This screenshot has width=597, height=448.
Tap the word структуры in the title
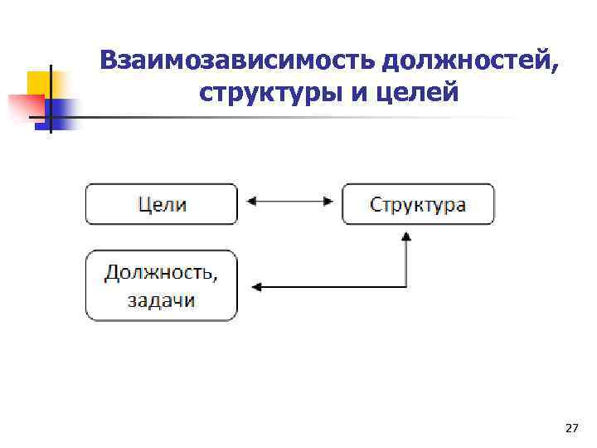point(265,92)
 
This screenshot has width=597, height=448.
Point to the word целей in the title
point(418,92)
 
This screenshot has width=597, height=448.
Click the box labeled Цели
point(162,204)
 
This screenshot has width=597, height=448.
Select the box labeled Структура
point(418,204)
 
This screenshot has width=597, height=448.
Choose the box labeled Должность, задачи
point(162,286)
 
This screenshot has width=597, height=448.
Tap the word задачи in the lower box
point(162,299)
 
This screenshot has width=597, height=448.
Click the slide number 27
point(571,428)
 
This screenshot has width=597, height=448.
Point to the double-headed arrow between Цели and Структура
point(290,200)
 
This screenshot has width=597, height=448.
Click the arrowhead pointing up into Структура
point(405,236)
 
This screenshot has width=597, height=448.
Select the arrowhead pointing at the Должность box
point(256,287)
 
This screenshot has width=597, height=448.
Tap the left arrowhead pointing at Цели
point(252,200)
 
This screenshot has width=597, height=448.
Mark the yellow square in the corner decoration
point(39,83)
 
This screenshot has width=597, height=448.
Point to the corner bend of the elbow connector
point(405,287)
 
